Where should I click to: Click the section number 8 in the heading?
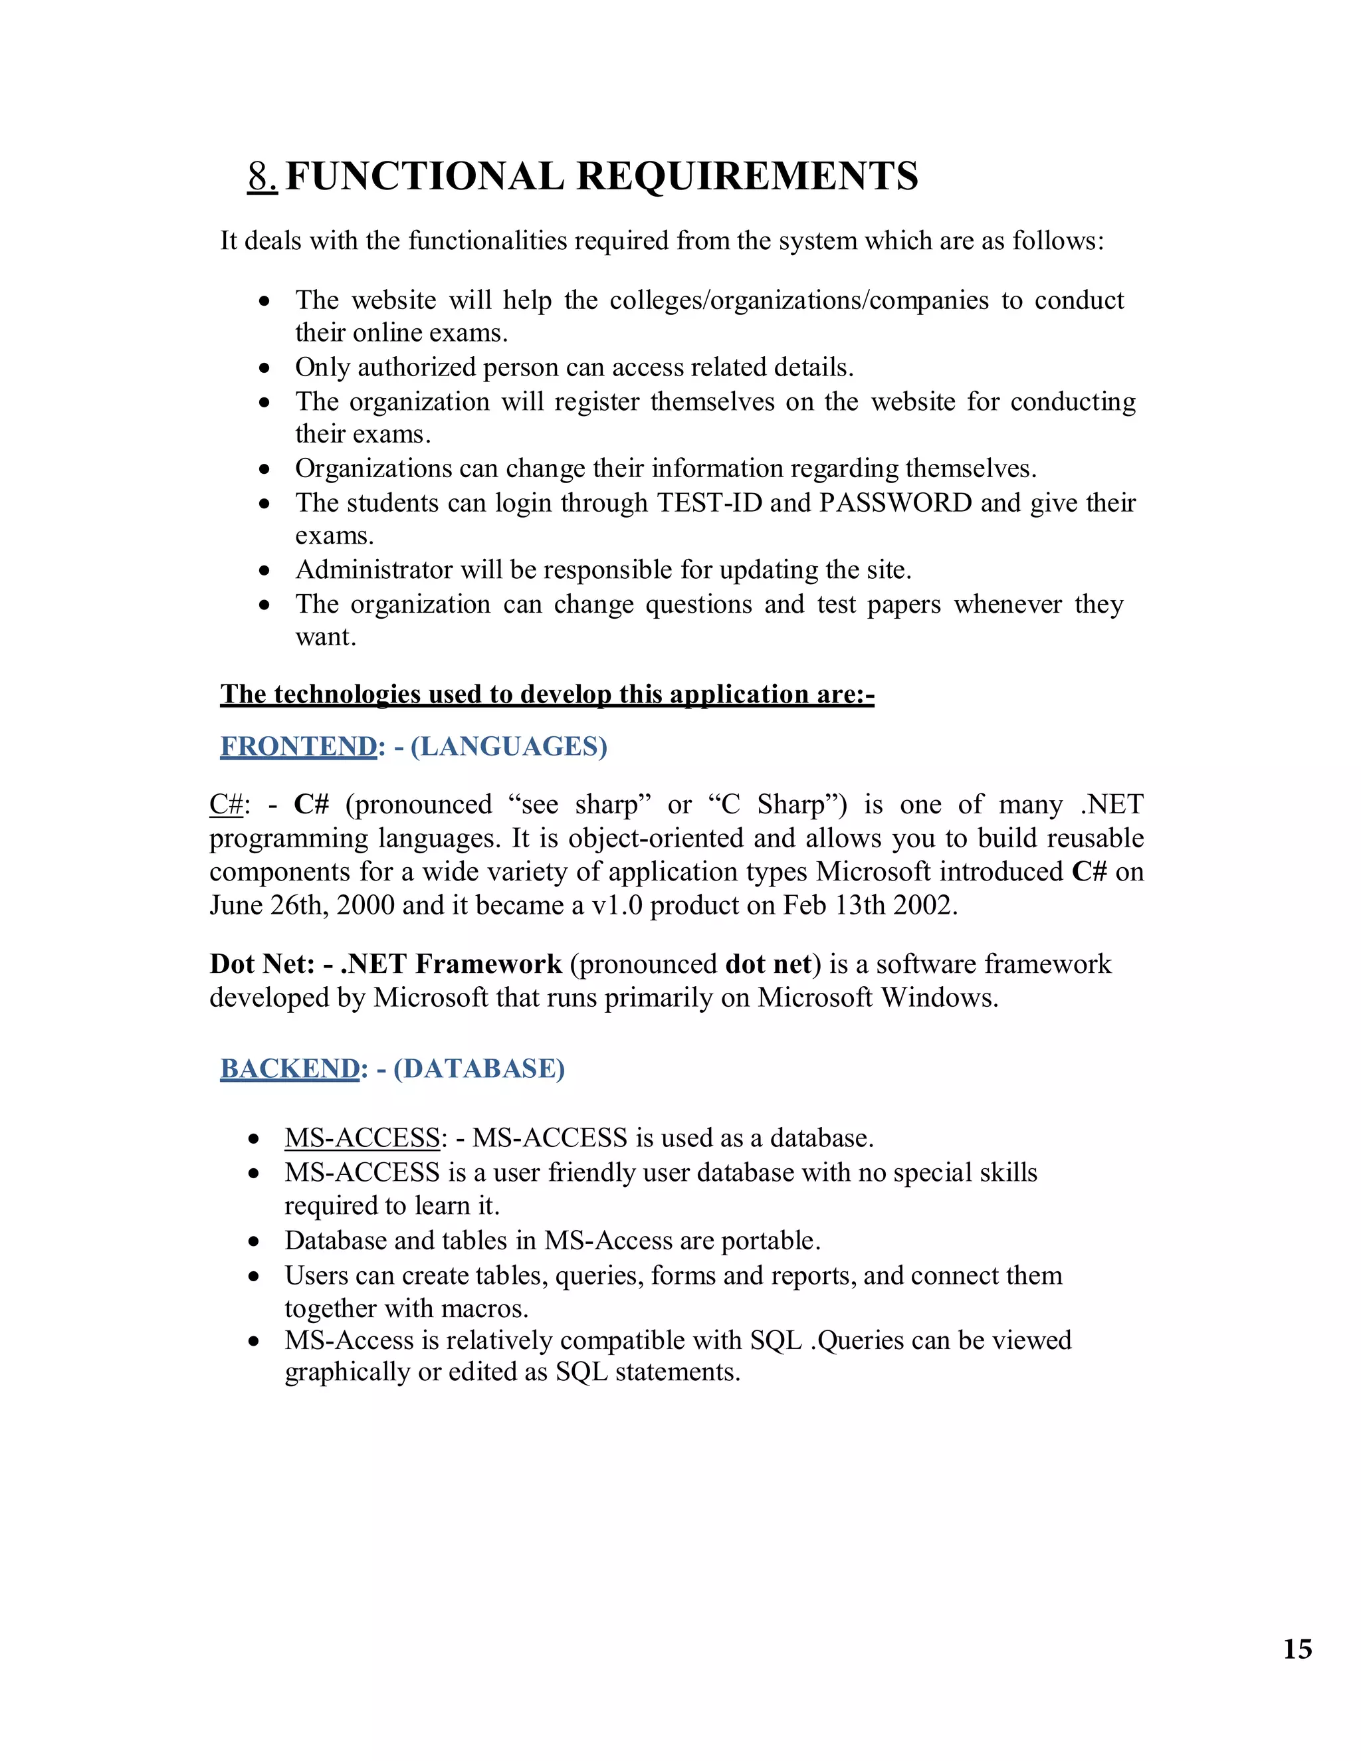click(x=261, y=177)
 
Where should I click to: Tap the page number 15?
click(x=1297, y=1649)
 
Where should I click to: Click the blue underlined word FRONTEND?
click(x=298, y=747)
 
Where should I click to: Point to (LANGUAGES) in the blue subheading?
click(x=509, y=747)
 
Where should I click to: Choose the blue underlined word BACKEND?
click(x=290, y=1069)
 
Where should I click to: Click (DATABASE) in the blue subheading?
click(x=479, y=1069)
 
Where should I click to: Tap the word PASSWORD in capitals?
click(x=896, y=502)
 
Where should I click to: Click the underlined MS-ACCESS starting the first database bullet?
click(x=362, y=1138)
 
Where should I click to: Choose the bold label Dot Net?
click(x=262, y=964)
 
